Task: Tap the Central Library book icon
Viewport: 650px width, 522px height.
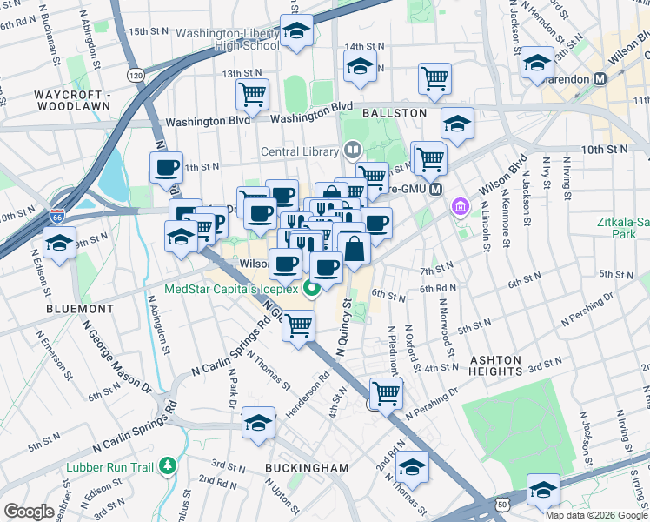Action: [x=352, y=151]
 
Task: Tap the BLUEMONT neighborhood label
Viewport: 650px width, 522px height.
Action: [x=80, y=309]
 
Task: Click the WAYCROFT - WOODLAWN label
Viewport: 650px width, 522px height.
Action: [x=73, y=99]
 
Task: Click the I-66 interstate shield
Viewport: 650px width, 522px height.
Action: [x=57, y=214]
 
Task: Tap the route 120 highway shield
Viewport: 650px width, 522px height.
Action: [x=135, y=76]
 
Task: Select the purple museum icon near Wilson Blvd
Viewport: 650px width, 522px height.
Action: [x=460, y=208]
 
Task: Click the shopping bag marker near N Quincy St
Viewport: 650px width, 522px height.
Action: [x=355, y=249]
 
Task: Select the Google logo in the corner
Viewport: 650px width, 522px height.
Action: [x=29, y=512]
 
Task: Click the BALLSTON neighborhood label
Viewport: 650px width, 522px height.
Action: [x=395, y=113]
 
